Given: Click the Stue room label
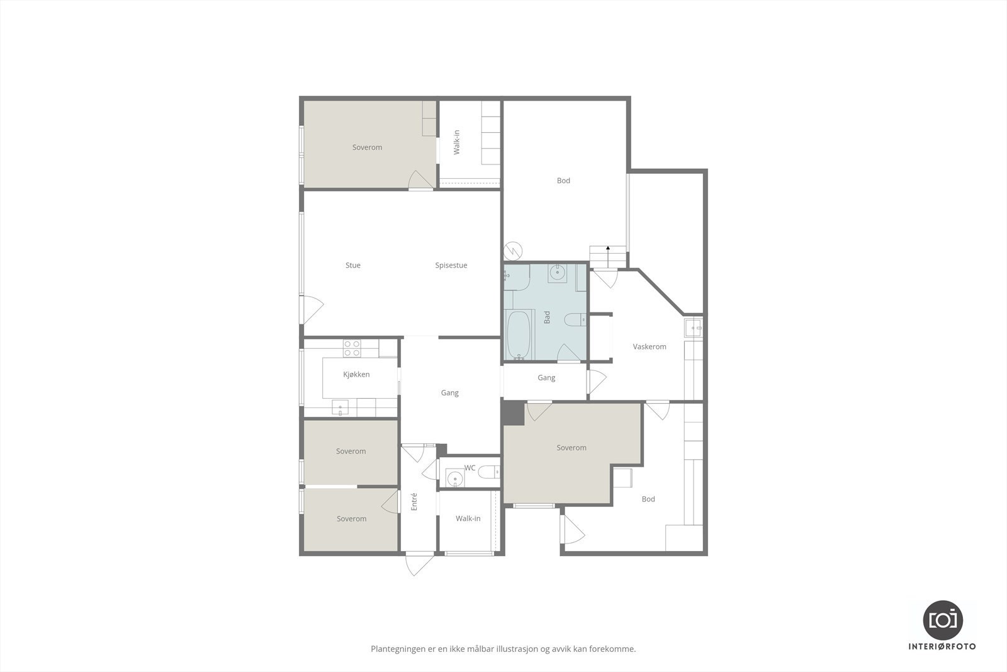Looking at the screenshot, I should [353, 265].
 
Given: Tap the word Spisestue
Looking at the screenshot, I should [451, 265].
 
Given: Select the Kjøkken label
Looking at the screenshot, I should [356, 374].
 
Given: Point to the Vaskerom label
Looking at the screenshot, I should [650, 346].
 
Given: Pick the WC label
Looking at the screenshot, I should [470, 467].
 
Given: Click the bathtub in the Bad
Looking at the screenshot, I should [519, 334].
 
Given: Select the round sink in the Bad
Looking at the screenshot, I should [557, 273].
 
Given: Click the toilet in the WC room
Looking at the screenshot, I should [488, 471].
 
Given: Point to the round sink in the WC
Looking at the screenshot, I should [454, 479].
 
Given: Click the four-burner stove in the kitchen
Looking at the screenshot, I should [352, 348].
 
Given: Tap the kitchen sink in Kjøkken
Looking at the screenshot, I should [340, 408].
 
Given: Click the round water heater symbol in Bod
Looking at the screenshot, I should [514, 251].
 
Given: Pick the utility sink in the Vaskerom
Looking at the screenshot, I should [694, 327].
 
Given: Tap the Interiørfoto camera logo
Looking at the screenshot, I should [943, 619].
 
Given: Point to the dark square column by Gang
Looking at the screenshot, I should [514, 414].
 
